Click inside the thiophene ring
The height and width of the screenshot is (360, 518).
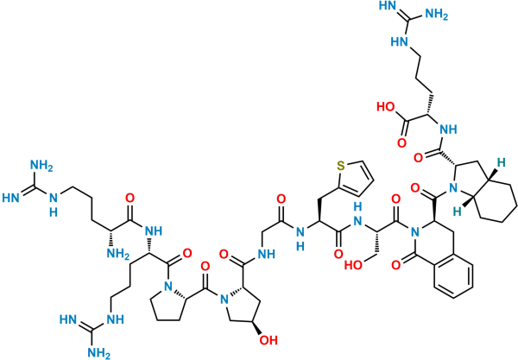point(354,179)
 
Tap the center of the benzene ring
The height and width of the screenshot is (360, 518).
point(453,276)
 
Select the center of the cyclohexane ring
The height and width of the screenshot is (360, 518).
point(498,194)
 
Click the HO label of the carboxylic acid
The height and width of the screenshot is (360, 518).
point(387,107)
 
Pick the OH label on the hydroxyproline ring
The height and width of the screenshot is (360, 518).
point(268,340)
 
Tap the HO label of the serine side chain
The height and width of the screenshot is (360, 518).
point(353,265)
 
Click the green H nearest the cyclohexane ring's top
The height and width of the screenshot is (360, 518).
point(501,162)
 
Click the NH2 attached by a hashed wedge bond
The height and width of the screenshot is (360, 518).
point(118,254)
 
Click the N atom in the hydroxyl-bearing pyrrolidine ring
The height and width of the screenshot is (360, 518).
point(224,300)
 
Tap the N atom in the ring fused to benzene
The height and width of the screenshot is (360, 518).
point(415,233)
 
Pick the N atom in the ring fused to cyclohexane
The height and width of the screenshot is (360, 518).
point(453,188)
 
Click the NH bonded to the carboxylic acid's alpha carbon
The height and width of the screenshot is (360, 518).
point(448,129)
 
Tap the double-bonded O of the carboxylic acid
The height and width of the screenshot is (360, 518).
point(401,143)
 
